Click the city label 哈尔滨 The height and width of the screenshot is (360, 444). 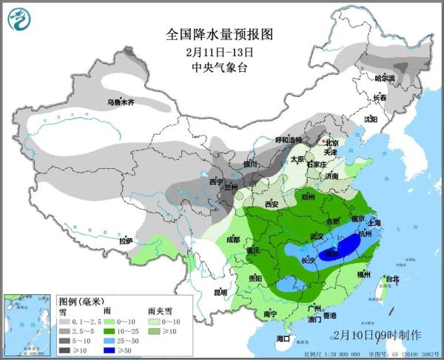384,78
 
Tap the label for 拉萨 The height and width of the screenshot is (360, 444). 125,240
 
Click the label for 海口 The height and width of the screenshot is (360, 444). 282,338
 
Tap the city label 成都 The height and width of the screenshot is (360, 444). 233,239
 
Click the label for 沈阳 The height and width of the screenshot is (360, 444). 370,119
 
